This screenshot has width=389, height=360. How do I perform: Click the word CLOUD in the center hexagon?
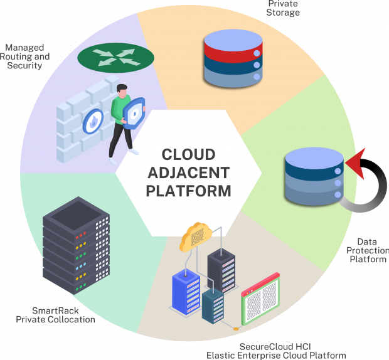(x=188, y=154)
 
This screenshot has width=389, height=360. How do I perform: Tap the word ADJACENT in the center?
(x=188, y=172)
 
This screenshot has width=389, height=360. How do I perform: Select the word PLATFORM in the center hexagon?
(x=188, y=190)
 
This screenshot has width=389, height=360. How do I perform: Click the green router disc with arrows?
(x=115, y=58)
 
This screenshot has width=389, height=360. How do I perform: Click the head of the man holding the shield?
(x=122, y=90)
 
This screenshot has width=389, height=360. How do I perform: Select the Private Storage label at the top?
(x=283, y=8)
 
